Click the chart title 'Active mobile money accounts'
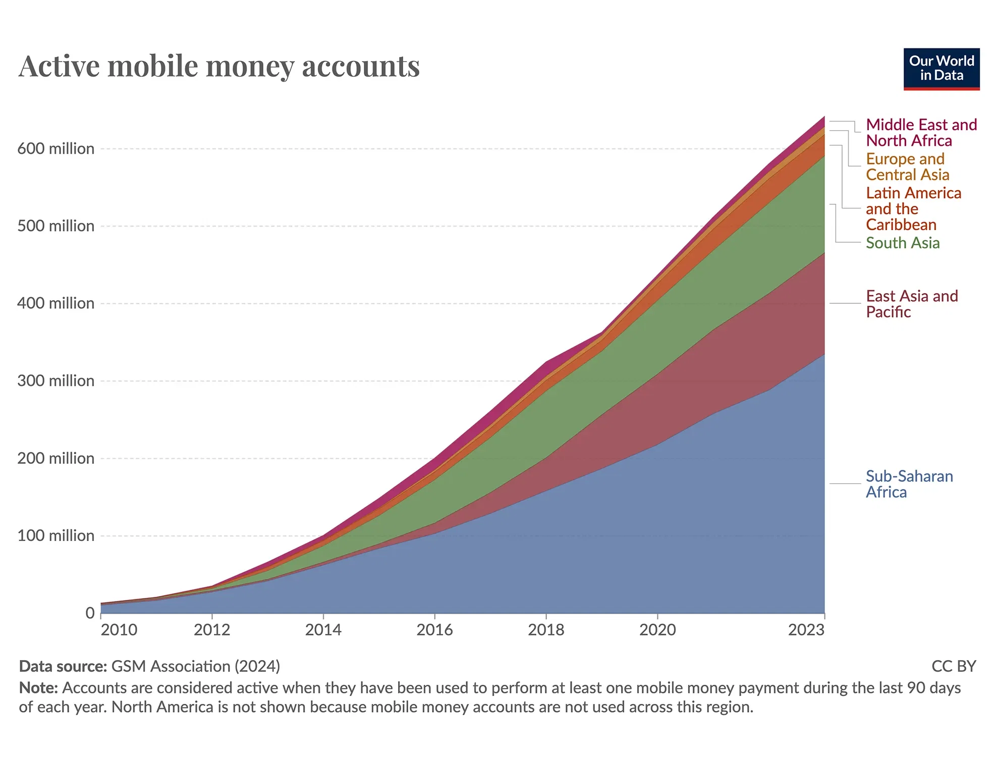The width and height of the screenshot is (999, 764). tap(219, 66)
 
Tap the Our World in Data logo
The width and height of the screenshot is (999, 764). tap(941, 69)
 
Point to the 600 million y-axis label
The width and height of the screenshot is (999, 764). tap(55, 149)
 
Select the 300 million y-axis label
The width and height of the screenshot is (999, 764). tap(55, 381)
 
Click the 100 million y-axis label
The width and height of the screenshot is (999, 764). tap(55, 536)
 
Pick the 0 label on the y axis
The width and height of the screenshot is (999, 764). tap(90, 613)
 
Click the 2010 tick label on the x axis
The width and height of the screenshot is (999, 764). tap(119, 630)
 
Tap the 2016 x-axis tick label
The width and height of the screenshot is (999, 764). tap(434, 630)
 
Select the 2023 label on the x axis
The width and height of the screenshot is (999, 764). tap(806, 630)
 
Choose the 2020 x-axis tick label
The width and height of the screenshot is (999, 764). tap(657, 630)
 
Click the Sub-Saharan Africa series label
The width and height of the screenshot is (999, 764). tap(909, 484)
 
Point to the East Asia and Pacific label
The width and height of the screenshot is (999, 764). tap(911, 304)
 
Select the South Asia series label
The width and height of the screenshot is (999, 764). tap(902, 243)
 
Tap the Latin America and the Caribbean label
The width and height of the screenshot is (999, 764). tap(913, 209)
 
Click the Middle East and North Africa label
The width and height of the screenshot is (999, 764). tap(921, 133)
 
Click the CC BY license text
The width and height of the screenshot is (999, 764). tap(953, 667)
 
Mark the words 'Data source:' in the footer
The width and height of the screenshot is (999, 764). tap(63, 667)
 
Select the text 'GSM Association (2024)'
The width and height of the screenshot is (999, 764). tap(195, 667)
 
